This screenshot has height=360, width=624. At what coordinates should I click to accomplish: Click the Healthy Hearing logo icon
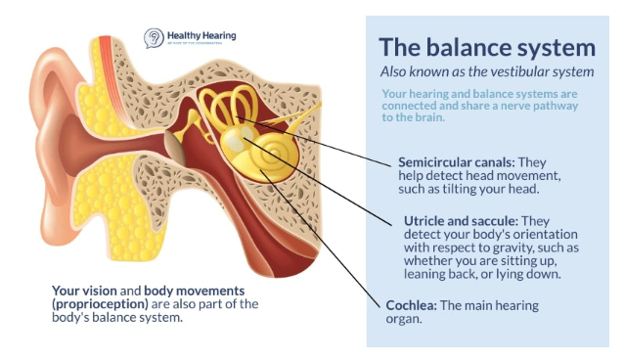click(x=154, y=38)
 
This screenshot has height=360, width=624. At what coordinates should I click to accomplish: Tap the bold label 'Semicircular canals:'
click(x=457, y=160)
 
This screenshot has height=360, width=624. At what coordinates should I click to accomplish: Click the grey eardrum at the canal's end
click(x=173, y=148)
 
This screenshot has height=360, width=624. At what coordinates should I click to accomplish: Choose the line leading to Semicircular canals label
click(x=323, y=138)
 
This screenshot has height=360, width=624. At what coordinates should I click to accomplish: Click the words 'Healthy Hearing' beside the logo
click(x=201, y=35)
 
